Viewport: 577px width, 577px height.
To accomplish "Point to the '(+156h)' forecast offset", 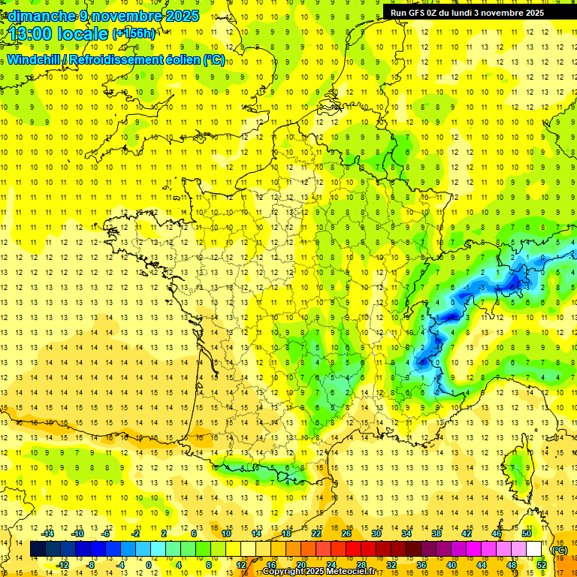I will [x=134, y=34].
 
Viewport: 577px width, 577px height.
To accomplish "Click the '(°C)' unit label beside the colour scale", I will [x=559, y=550].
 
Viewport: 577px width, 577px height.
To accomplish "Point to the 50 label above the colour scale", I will [x=527, y=533].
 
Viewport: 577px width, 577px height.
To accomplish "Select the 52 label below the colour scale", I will [x=542, y=565].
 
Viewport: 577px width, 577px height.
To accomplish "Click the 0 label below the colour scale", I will [x=149, y=565].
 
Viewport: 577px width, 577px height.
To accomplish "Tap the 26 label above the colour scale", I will [x=346, y=533].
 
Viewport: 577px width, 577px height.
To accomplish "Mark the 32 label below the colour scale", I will [x=391, y=565].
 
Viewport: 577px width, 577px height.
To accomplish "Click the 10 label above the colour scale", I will [x=226, y=533].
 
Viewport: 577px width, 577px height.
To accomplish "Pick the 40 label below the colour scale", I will [x=452, y=565].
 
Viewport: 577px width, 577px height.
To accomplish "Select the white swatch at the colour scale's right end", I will [x=534, y=549].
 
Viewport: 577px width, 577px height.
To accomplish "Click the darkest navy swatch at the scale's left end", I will [x=38, y=549].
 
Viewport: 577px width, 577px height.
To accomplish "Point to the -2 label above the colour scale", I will [x=136, y=533].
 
